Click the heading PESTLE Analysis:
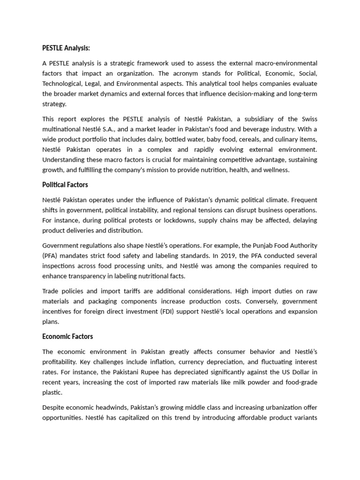pos(66,48)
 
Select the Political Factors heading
pos(66,185)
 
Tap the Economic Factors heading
pos(67,336)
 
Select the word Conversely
pos(249,301)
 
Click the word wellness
pos(277,170)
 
